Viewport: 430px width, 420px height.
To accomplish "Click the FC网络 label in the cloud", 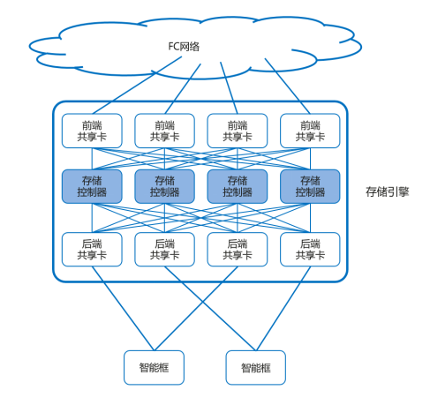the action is pos(184,47).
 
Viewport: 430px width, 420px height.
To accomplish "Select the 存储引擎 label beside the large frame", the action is pos(388,191).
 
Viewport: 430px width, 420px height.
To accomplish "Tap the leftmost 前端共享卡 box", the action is pos(92,131).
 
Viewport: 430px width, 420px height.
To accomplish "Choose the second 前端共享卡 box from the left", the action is pos(164,131).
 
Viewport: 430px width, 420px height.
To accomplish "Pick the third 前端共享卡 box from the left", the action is pos(238,131).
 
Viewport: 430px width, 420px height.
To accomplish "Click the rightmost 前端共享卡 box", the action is pos(310,131).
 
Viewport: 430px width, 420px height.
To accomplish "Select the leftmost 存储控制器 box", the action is pos(92,186).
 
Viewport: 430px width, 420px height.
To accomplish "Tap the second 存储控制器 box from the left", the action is pos(164,186).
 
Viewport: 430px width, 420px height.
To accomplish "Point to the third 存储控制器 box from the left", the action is pos(238,186).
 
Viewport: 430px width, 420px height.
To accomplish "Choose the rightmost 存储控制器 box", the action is pos(310,186).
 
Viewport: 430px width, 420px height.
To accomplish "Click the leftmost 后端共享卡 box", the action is pos(92,250).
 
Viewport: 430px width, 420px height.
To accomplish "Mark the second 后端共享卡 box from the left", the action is pos(164,250).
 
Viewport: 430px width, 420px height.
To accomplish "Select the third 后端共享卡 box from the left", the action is pos(238,250).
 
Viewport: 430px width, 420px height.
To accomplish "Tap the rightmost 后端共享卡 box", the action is pos(310,250).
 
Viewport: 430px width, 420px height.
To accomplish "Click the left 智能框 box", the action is pos(154,368).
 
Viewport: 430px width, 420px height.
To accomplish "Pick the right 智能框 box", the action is pos(256,368).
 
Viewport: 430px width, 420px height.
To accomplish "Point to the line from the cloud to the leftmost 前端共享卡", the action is pos(137,86).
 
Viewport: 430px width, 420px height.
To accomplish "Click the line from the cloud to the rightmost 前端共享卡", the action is pos(288,86).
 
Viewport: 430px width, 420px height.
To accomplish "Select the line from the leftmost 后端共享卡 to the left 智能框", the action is pos(123,309).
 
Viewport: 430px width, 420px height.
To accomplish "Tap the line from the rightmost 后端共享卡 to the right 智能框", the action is pos(283,309).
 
